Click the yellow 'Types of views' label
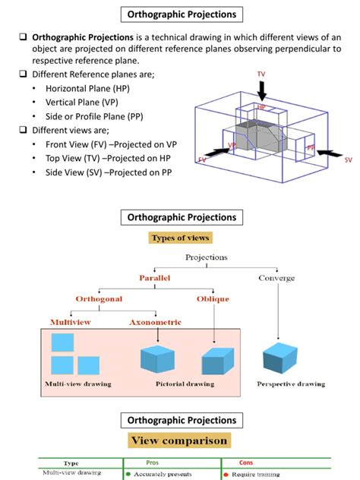[180, 238]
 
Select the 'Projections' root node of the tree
[206, 257]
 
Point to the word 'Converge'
[277, 279]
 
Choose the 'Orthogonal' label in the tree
[98, 299]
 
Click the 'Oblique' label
[213, 299]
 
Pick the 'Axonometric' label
[154, 322]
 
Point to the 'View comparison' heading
[180, 441]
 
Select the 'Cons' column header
[246, 462]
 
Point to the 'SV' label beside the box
[348, 160]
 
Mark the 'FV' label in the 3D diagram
[202, 160]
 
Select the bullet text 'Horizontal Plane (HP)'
[91, 88]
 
